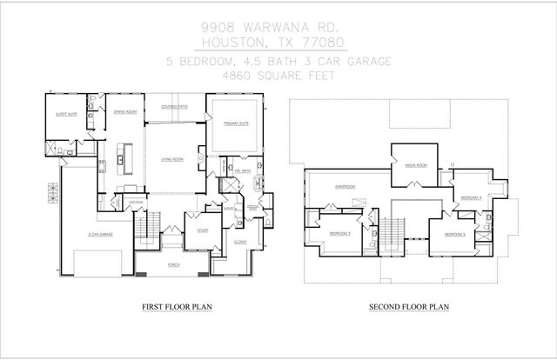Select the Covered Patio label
pyautogui.click(x=175, y=107)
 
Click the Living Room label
pyautogui.click(x=171, y=159)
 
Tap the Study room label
pyautogui.click(x=202, y=230)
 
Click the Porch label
pyautogui.click(x=173, y=265)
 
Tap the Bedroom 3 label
pyautogui.click(x=339, y=233)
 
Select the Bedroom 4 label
pyautogui.click(x=471, y=198)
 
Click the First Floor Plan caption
pyautogui.click(x=178, y=307)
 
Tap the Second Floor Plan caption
pyautogui.click(x=408, y=307)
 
